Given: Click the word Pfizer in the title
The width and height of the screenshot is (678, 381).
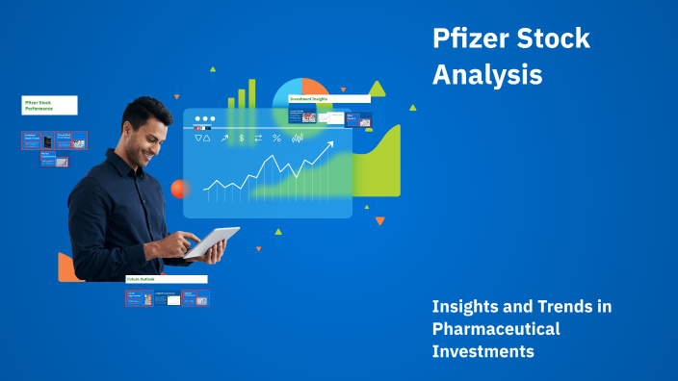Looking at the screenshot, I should [469, 40].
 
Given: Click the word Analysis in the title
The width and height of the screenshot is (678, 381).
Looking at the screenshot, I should [487, 75].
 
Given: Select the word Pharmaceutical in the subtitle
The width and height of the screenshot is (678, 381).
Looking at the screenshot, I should [495, 329].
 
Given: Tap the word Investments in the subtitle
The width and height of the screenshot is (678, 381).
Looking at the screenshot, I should [482, 351].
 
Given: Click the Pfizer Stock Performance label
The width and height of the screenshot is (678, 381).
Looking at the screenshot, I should [50, 105].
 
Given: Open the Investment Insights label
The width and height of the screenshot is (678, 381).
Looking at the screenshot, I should [328, 98].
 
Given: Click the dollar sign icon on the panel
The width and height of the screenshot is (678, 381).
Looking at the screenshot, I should [241, 139].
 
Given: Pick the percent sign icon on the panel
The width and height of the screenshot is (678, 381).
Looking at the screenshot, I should [276, 139].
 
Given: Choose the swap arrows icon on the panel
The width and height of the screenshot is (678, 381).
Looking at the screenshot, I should [258, 139].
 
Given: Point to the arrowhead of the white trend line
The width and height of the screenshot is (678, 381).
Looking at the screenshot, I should [329, 144].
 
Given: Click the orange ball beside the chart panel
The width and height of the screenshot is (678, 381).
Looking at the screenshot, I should [178, 189].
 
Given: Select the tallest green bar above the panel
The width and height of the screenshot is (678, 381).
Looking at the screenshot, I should [252, 93].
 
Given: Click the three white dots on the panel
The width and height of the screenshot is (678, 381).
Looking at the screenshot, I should [204, 120].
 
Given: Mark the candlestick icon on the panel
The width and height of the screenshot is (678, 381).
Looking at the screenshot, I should [298, 139].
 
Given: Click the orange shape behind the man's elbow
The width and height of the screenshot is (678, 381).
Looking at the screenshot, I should [67, 268].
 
